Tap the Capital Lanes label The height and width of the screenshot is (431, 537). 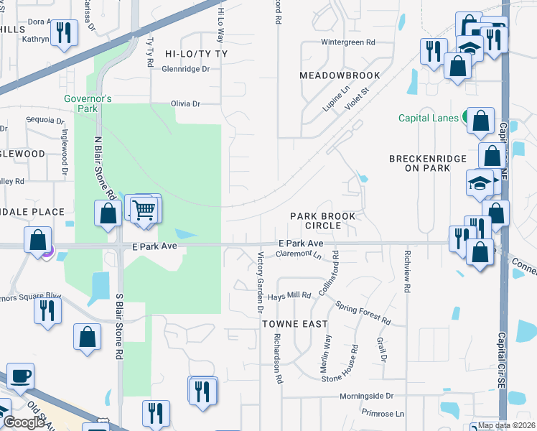(429, 118)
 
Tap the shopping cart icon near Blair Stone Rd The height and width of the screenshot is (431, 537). (145, 210)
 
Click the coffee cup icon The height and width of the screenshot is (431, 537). (20, 376)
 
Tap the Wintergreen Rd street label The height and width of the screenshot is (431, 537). (348, 42)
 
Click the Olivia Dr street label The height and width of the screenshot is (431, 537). (185, 103)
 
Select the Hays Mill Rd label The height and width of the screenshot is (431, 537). (289, 295)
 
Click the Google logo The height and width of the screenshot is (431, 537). (23, 423)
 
